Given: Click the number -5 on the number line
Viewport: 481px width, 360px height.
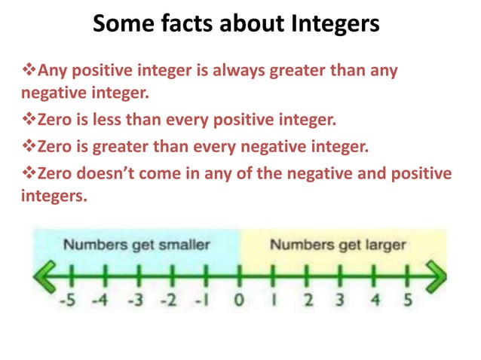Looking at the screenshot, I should [69, 301].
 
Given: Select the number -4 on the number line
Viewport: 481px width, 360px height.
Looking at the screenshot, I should [101, 301].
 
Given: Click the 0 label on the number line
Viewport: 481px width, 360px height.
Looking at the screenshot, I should [239, 301].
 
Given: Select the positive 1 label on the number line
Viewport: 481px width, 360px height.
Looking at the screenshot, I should [274, 301].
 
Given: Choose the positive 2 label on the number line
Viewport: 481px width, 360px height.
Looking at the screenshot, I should [308, 301].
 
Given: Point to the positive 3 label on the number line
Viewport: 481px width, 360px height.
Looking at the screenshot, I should [341, 301].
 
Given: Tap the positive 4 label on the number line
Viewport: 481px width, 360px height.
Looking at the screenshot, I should [375, 301].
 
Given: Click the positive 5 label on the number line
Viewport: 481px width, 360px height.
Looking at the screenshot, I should [407, 301].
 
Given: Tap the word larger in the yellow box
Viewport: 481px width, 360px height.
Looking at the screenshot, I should [381, 245].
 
